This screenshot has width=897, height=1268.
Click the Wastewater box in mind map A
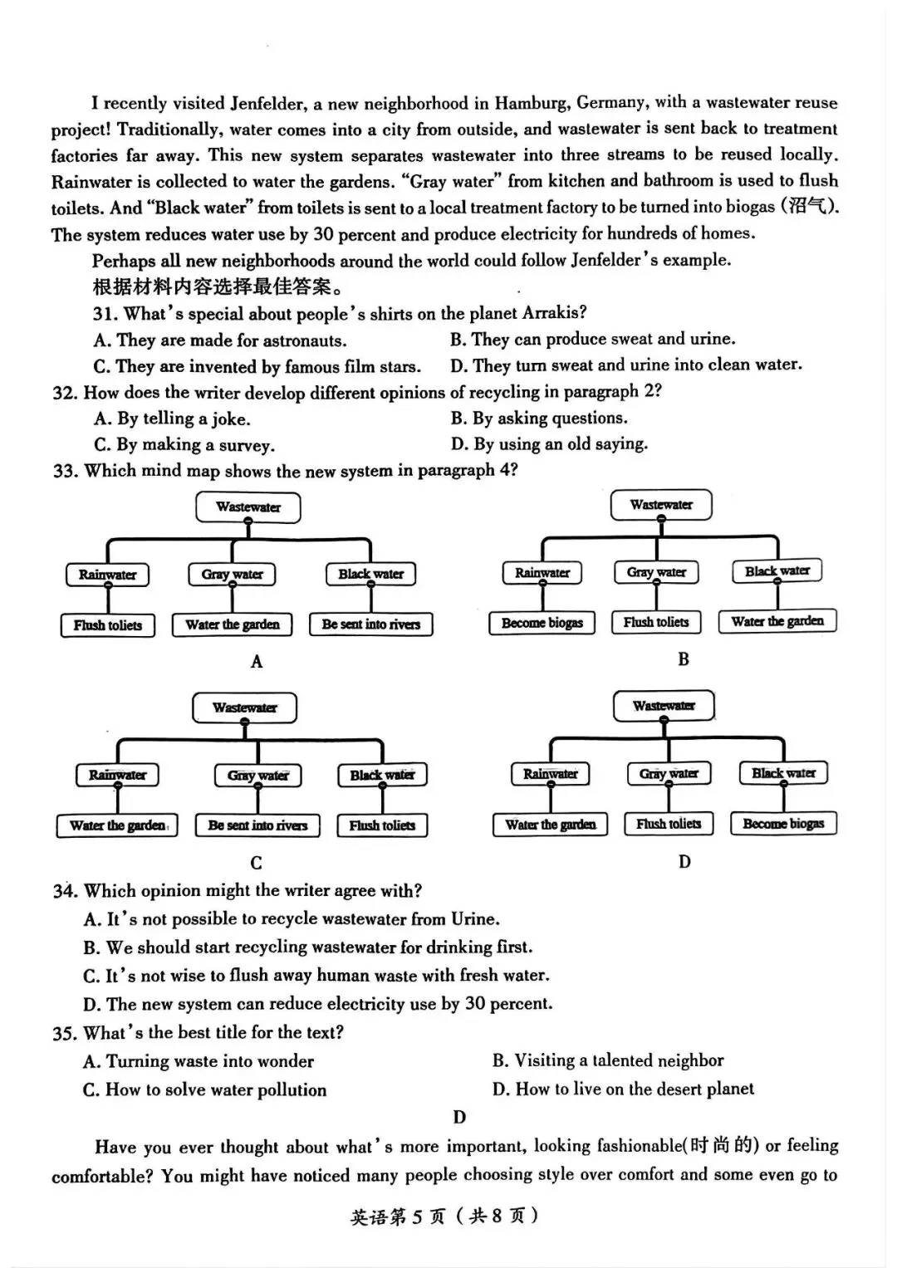pyautogui.click(x=248, y=507)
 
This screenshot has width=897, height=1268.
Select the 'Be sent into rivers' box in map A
pyautogui.click(x=371, y=624)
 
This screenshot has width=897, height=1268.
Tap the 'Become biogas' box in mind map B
pyautogui.click(x=542, y=623)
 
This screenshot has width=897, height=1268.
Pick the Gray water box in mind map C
pyautogui.click(x=257, y=776)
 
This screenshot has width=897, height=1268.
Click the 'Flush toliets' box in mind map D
pyautogui.click(x=669, y=824)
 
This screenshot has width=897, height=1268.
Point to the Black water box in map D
pyautogui.click(x=783, y=773)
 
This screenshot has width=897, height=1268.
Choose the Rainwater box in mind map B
pyautogui.click(x=542, y=573)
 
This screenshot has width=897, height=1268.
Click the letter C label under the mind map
pyautogui.click(x=256, y=863)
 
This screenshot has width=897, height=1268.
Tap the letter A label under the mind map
pyautogui.click(x=257, y=662)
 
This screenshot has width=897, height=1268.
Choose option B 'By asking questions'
pyautogui.click(x=540, y=418)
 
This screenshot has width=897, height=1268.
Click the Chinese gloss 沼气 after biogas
pyautogui.click(x=811, y=207)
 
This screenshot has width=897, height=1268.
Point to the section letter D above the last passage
pyautogui.click(x=459, y=1118)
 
